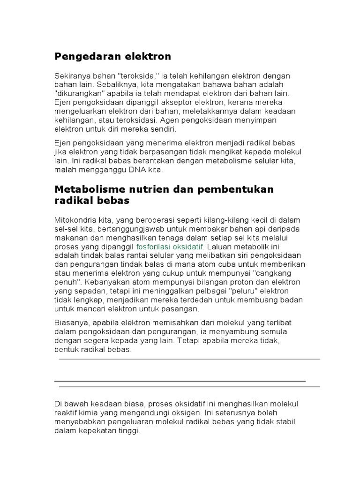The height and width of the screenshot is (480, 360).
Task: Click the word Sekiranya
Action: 70,76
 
